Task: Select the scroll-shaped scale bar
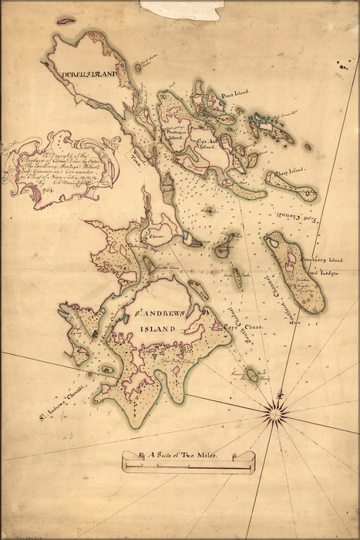[188, 461]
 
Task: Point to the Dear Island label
[234, 96]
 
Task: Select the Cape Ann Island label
[210, 143]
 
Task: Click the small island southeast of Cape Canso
[251, 375]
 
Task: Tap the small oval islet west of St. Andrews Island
[106, 370]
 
